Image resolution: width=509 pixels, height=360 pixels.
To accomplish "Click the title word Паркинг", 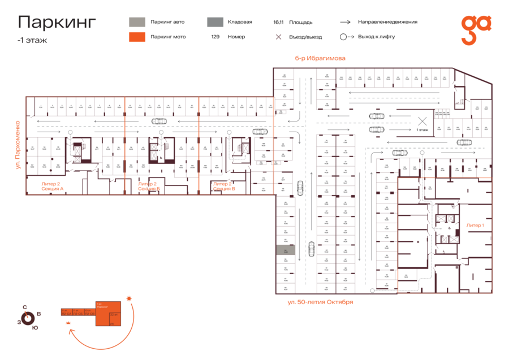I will [x=57, y=22].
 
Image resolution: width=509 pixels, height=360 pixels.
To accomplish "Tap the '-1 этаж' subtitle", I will [x=32, y=40].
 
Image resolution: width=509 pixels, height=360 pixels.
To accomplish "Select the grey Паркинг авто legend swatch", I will [x=136, y=22].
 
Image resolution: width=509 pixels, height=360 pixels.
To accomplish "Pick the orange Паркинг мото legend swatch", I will [x=136, y=37].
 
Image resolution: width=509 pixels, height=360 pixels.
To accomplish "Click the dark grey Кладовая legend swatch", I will [x=214, y=22].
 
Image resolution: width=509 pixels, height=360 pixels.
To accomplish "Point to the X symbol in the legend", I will [x=278, y=37].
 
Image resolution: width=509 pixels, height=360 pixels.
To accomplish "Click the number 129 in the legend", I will [x=215, y=37].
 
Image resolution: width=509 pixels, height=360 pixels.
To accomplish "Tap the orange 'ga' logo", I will [x=476, y=29].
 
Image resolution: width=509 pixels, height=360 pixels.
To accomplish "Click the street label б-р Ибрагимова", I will [x=320, y=58].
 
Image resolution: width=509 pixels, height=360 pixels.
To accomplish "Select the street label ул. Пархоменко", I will [x=18, y=145].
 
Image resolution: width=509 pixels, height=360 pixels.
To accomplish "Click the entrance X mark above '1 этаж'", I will [x=422, y=120].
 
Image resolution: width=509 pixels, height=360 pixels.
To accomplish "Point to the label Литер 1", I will [x=475, y=225].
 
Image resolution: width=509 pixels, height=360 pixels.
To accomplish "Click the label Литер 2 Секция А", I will [x=52, y=186].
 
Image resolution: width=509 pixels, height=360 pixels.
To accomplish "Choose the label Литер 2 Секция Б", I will [x=148, y=186].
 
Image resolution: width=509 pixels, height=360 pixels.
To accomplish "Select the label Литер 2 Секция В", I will [x=224, y=186].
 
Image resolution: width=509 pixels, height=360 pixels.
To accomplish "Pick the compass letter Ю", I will [x=35, y=327].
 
